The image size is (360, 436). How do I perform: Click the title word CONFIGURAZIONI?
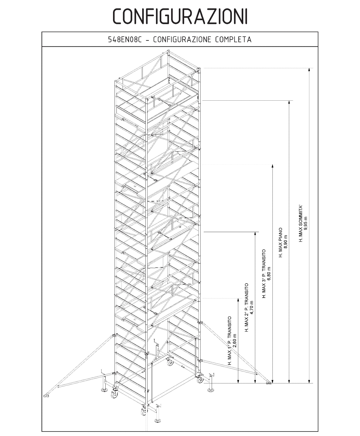(x=180, y=16)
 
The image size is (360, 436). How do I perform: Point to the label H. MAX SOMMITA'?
(x=301, y=223)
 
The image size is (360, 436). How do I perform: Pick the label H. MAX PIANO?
(x=280, y=242)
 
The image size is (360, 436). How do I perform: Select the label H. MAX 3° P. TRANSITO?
(x=264, y=273)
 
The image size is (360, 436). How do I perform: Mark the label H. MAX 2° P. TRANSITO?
(x=247, y=307)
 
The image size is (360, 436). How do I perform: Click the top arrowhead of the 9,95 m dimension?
(x=309, y=70)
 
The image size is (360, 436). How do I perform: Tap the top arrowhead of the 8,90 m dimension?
(x=289, y=102)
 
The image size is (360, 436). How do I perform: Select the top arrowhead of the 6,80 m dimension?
(x=272, y=166)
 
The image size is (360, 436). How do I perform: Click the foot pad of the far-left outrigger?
(x=46, y=396)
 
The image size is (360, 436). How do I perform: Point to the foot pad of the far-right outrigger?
(x=269, y=382)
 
